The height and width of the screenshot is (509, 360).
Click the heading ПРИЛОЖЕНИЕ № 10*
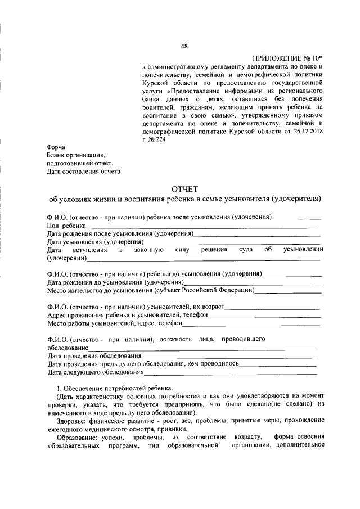point(287,58)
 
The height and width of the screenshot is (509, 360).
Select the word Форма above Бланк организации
point(56,147)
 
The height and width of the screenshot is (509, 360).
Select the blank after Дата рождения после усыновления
point(258,233)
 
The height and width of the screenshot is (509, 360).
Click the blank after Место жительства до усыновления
point(288,291)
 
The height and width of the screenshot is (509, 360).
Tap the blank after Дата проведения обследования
point(229,357)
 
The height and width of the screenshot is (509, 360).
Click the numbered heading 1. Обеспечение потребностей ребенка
point(115,389)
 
